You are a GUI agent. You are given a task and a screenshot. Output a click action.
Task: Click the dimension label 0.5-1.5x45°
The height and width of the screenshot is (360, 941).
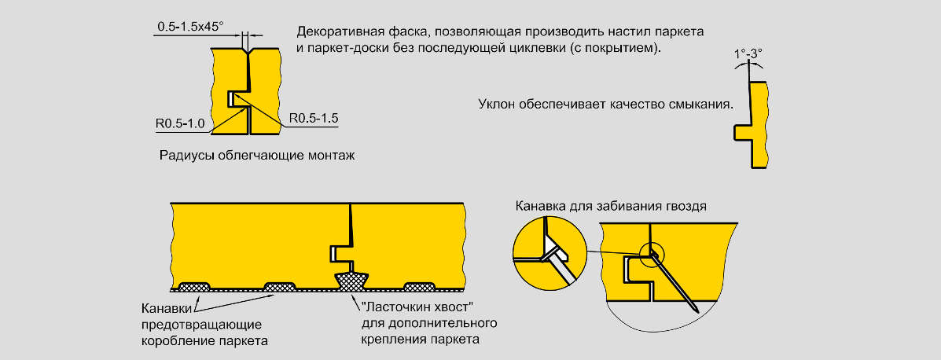pos(190,27)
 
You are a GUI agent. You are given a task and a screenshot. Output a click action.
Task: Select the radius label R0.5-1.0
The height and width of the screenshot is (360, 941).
pos(180,123)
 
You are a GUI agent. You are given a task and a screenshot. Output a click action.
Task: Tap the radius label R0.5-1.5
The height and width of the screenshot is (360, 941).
pos(314,118)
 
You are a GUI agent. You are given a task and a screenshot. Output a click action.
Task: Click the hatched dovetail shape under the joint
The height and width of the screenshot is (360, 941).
pos(351,280)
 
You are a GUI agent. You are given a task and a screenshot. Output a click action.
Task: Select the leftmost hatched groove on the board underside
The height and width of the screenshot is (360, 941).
pos(195,285)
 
